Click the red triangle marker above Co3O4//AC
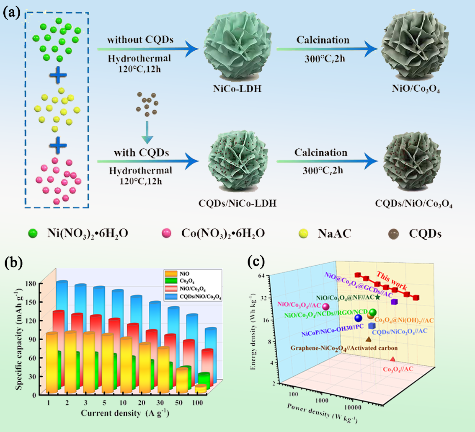click(392, 359)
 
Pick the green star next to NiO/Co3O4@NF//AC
click(378, 297)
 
